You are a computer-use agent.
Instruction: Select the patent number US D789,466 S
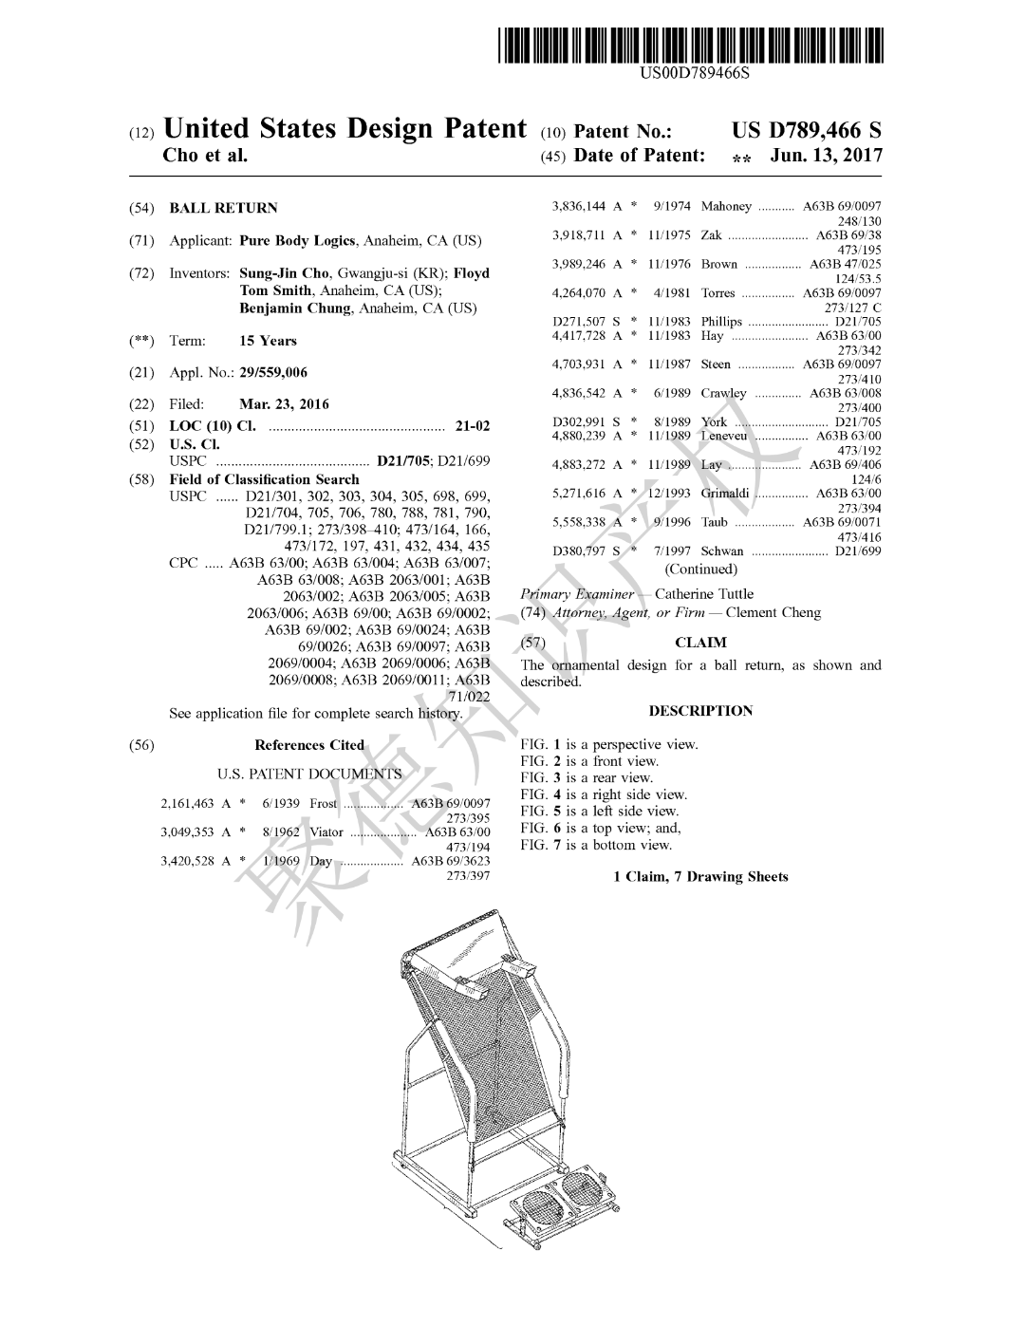(x=807, y=131)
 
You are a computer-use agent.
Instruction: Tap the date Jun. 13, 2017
(x=826, y=156)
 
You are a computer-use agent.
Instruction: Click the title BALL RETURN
(x=223, y=208)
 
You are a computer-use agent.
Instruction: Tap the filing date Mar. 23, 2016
(x=284, y=404)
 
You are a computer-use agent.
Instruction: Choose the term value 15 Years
(x=268, y=341)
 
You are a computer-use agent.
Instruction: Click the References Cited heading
(x=309, y=745)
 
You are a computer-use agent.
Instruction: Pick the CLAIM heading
(x=700, y=643)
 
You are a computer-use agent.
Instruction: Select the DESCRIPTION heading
(x=700, y=711)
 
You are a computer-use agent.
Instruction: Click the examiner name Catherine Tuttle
(x=704, y=594)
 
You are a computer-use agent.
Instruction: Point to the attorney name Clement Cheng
(x=773, y=613)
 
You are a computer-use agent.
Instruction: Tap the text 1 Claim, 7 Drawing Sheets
(x=700, y=877)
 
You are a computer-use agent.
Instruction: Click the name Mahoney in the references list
(x=726, y=206)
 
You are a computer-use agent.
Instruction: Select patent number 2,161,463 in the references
(x=188, y=804)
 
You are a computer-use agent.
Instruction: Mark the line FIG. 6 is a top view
(x=600, y=828)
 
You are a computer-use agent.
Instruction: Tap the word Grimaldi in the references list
(x=725, y=494)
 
